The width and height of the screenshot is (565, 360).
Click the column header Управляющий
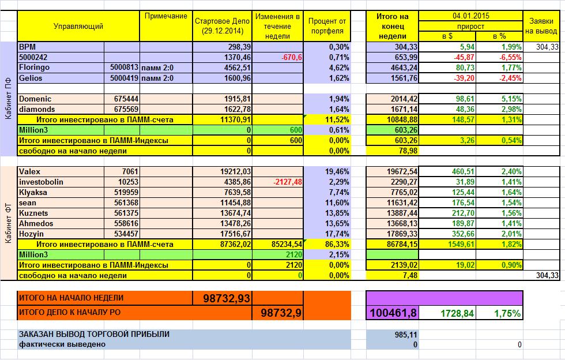pyautogui.click(x=78, y=27)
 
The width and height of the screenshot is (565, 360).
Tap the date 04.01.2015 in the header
pyautogui.click(x=470, y=16)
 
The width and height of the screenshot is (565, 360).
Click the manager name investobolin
pyautogui.click(x=41, y=182)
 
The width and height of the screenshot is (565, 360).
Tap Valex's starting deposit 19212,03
pyautogui.click(x=233, y=171)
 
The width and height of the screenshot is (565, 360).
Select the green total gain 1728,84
pyautogui.click(x=455, y=314)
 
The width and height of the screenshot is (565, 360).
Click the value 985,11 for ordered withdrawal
pyautogui.click(x=406, y=335)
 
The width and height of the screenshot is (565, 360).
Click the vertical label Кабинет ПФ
pyautogui.click(x=8, y=99)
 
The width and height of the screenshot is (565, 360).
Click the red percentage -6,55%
pyautogui.click(x=508, y=57)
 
